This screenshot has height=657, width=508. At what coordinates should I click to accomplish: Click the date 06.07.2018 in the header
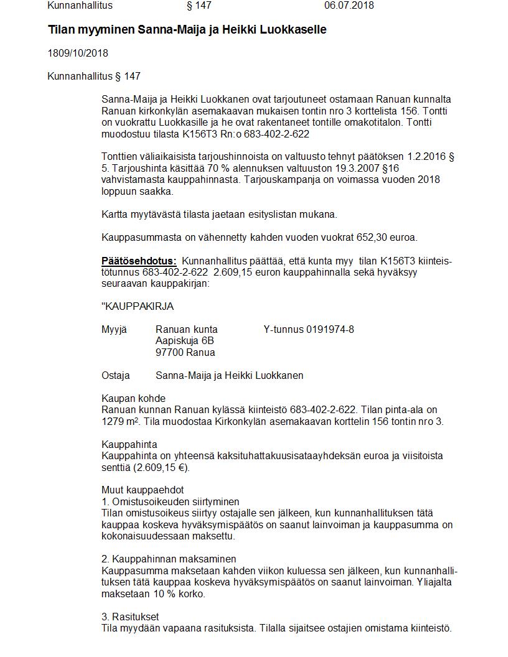coord(349,6)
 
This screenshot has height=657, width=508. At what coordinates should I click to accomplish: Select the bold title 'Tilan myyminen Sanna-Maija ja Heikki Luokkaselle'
coord(187,30)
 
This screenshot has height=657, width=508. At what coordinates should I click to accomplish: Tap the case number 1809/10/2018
coord(78,54)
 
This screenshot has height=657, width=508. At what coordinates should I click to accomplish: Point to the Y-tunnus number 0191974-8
coord(330,330)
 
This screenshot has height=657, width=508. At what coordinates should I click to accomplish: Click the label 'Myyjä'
coord(114,330)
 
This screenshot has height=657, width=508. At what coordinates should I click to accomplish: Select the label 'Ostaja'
coord(116,376)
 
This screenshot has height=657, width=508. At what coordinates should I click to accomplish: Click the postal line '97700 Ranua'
coord(185,353)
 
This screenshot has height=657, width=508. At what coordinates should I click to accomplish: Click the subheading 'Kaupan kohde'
coord(133,399)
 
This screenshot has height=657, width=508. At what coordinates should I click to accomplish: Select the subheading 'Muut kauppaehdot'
coord(143,490)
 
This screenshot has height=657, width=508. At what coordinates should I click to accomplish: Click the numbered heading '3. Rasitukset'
coord(130,617)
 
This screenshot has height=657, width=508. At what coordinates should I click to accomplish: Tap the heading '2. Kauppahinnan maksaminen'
coord(169,559)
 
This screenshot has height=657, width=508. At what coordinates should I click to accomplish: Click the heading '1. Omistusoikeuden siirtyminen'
coord(170,501)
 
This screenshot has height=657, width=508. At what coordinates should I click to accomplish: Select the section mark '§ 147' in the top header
coord(199,6)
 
